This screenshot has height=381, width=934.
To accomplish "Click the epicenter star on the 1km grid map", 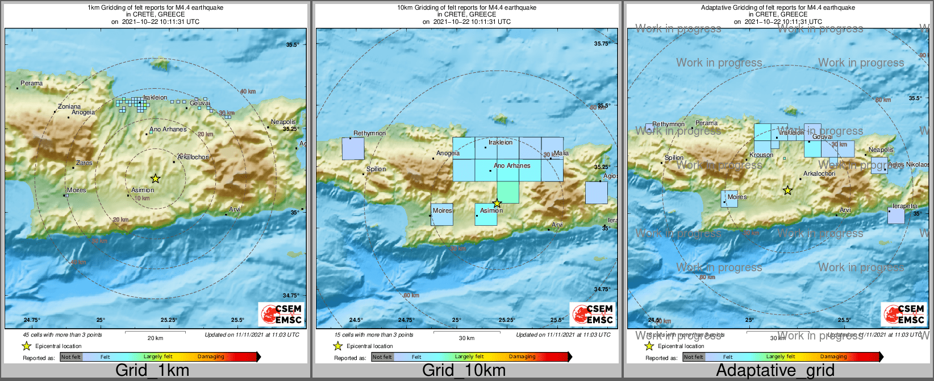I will pos(156,179).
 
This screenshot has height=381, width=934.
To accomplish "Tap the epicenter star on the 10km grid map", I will pos(497,203).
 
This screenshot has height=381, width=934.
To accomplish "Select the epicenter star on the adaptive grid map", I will pos(787,191).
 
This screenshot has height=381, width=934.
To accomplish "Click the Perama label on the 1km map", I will pos(31,83).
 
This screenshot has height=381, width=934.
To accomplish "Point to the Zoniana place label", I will pos(69,106).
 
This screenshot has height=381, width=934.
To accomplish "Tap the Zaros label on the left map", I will pos(84,163).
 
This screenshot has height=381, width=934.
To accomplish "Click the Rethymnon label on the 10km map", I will pos(369,133).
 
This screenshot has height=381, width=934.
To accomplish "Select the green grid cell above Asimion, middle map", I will pos(508,192).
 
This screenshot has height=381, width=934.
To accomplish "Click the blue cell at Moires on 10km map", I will pos(442,214).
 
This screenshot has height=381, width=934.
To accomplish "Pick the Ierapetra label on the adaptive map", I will pos(904,206).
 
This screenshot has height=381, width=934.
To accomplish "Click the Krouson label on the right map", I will pos(761,155).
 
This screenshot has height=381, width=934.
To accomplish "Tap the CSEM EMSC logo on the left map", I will pos(281,314).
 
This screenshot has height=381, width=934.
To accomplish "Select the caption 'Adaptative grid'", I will pos(775,371).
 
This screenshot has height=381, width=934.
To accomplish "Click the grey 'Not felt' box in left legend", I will pos(71,357).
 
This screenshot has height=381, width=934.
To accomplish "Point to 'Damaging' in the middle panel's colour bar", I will pos(522,357).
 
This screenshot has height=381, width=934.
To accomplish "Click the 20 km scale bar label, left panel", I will pos(155,338).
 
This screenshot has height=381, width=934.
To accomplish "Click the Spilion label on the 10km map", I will pos(376,169).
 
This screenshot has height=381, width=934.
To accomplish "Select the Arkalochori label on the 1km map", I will pos(193,157).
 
